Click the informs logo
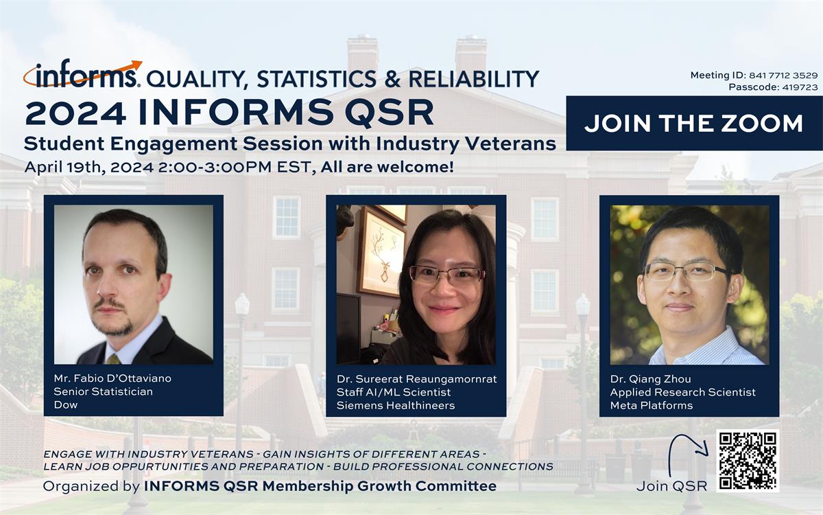(x=82, y=74)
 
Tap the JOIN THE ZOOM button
(x=694, y=123)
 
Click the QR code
(x=748, y=461)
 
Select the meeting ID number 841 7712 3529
(x=783, y=76)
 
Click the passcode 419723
(x=800, y=87)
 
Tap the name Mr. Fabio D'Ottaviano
(x=112, y=378)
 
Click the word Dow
(x=66, y=404)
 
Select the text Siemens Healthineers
(x=396, y=405)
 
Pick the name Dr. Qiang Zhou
(x=651, y=379)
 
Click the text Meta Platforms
(x=652, y=405)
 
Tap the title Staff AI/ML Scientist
(x=394, y=392)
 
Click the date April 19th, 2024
(x=89, y=168)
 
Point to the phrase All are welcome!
(x=387, y=168)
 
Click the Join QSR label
(x=672, y=486)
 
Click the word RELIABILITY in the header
(x=474, y=79)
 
